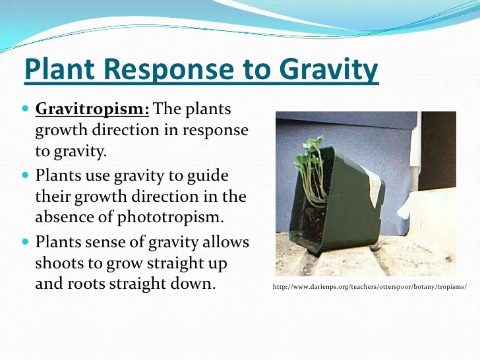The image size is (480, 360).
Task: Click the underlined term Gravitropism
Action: pyautogui.click(x=92, y=109)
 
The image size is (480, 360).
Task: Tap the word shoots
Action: pyautogui.click(x=61, y=264)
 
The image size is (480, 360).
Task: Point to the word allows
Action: pyautogui.click(x=223, y=242)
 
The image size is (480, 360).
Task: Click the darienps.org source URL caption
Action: pyautogui.click(x=369, y=287)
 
